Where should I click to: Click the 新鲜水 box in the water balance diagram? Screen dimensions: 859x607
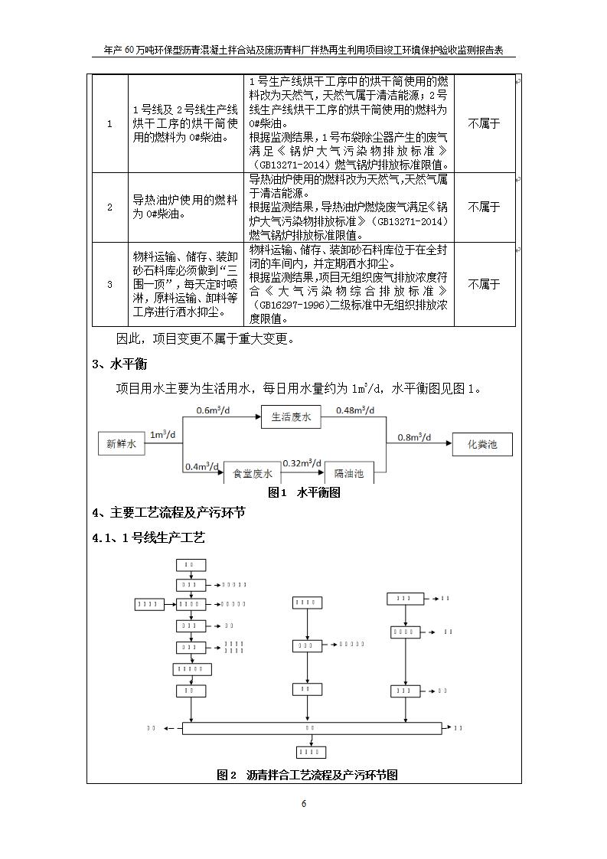click(121, 443)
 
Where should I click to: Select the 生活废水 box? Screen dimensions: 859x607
click(291, 417)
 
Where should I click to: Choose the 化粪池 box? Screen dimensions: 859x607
click(481, 443)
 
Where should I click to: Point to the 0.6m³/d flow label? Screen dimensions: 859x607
click(214, 410)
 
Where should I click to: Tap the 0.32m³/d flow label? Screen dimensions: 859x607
click(302, 463)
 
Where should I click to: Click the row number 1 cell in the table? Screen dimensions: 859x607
click(109, 124)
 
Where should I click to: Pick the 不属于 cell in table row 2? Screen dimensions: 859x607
click(484, 207)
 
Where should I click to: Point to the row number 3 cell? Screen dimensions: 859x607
click(109, 284)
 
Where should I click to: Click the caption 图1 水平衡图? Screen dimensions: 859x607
click(304, 493)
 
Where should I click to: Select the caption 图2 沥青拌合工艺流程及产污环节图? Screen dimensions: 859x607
click(307, 775)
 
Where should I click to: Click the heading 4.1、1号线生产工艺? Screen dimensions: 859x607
click(148, 538)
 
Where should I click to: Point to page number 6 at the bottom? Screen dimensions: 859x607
click(304, 804)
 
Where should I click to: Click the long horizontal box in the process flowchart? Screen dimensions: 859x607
click(309, 727)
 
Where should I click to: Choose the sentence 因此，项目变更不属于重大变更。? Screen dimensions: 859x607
click(204, 338)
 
